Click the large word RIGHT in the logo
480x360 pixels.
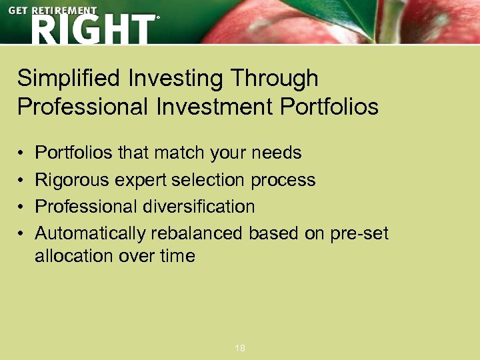(92, 30)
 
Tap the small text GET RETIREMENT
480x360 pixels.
(53, 11)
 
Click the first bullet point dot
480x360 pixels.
(21, 153)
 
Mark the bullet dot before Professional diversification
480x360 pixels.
(21, 207)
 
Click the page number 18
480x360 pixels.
(240, 348)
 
